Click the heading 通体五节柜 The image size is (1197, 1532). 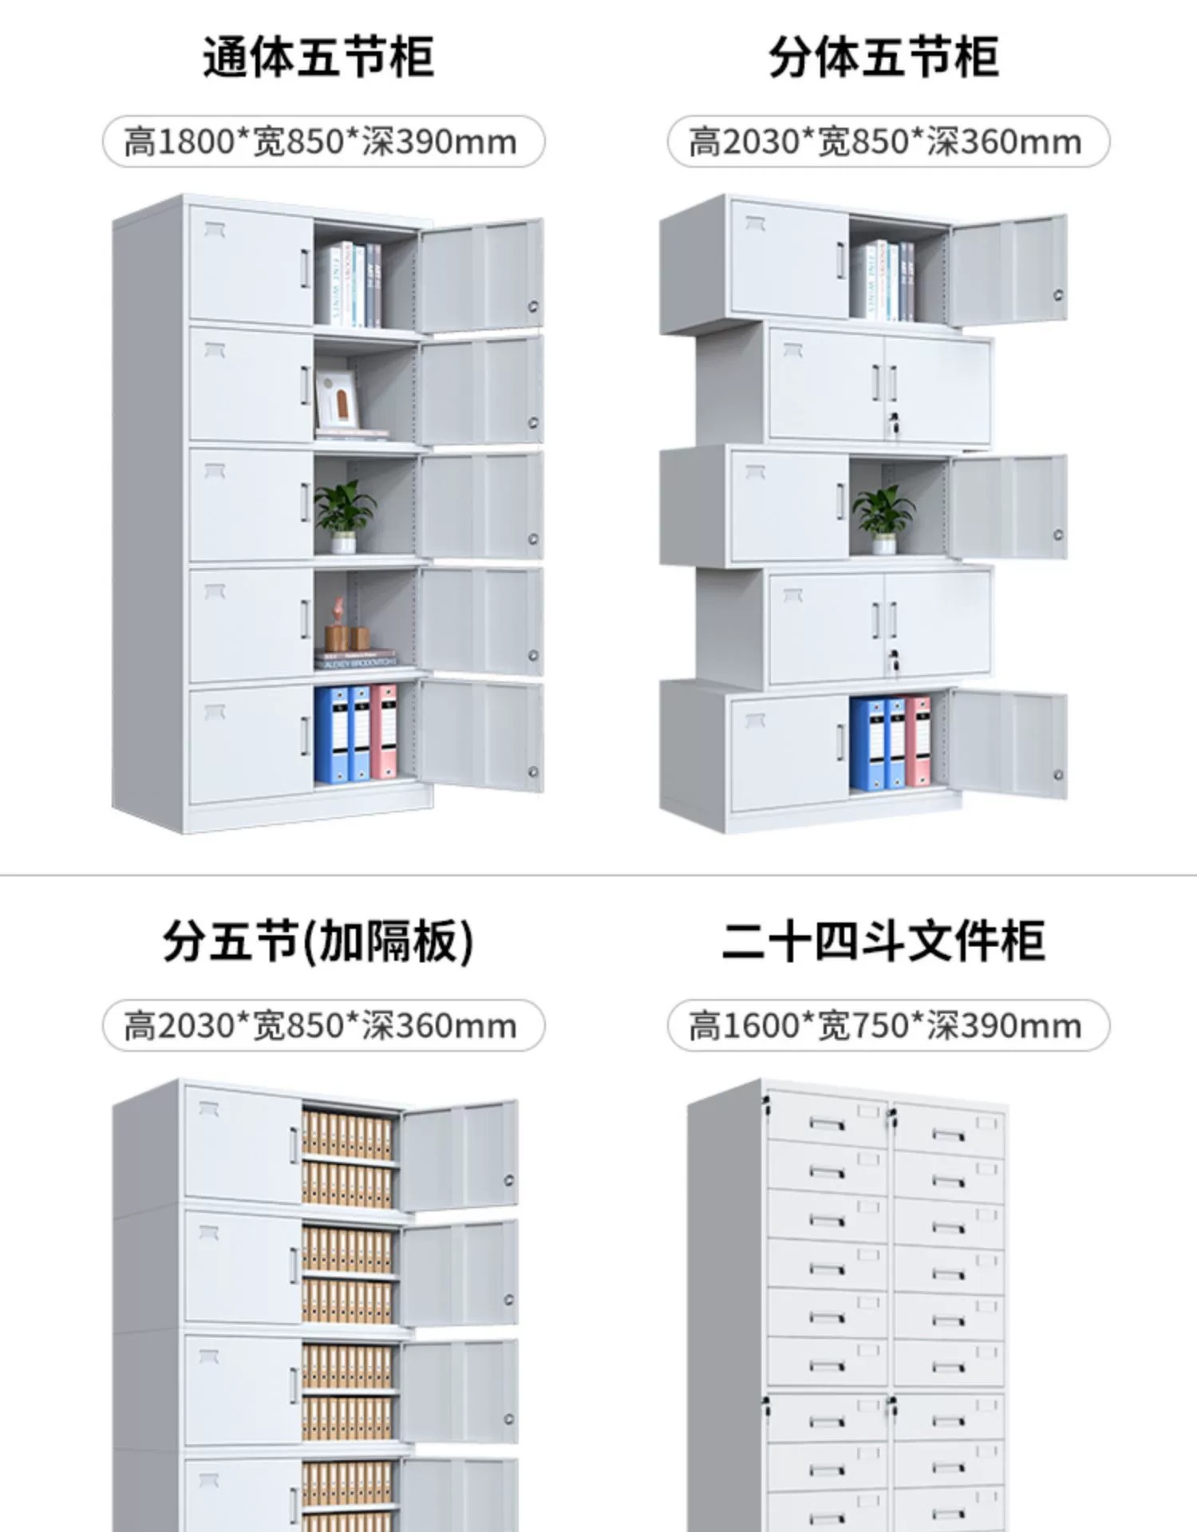(318, 57)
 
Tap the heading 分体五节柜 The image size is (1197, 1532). (883, 57)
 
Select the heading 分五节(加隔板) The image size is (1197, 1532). (318, 942)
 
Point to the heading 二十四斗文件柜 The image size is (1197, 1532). (883, 942)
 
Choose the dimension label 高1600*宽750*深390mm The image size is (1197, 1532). (887, 1026)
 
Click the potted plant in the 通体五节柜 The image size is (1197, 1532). (344, 515)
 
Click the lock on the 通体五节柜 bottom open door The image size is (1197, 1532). (533, 772)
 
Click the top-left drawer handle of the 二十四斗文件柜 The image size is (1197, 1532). (827, 1124)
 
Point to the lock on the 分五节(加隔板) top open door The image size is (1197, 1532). (509, 1180)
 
